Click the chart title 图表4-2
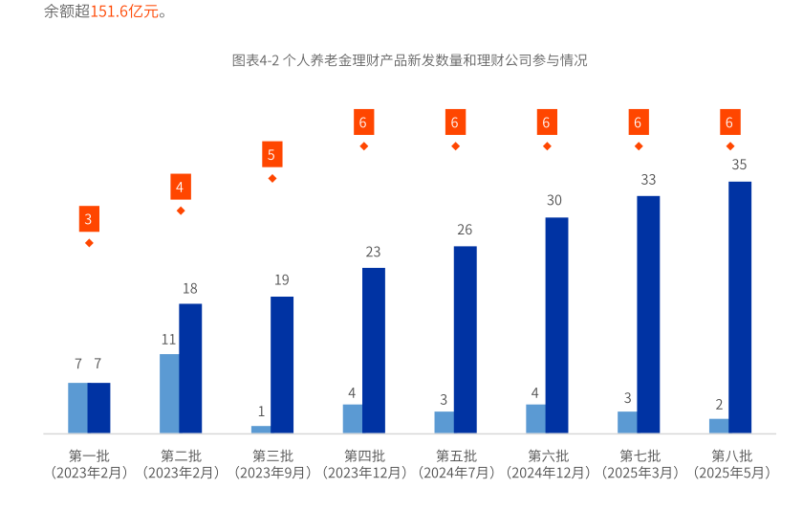[x=409, y=60]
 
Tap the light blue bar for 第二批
[x=169, y=393]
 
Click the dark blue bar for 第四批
[x=374, y=349]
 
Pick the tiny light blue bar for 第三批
[x=261, y=429]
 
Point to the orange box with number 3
[x=89, y=220]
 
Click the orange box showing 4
[x=180, y=187]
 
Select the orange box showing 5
[x=271, y=154]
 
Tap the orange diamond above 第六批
[x=547, y=146]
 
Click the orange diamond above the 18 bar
[x=181, y=211]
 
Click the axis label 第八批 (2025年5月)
[x=731, y=463]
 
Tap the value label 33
[x=648, y=179]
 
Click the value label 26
[x=465, y=230]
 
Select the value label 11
[x=168, y=339]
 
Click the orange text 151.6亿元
[x=121, y=12]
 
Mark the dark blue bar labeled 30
[x=556, y=324]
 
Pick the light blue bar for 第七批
[x=627, y=422]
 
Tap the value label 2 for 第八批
[x=719, y=404]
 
